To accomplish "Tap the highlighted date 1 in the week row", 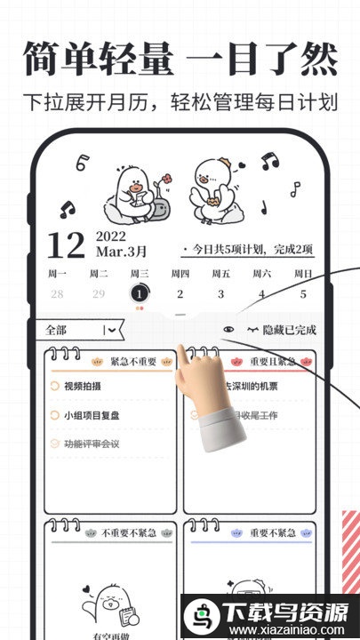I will pos(139,293).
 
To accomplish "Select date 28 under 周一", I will pos(57,294).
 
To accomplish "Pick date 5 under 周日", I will pos(303,294).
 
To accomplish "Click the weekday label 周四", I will pos(180,273).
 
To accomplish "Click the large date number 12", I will pos(65,245).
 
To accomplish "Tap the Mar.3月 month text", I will pos(121,252).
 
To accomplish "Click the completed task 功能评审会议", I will pos(91,443).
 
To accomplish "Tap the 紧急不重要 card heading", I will pos(132,362).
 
